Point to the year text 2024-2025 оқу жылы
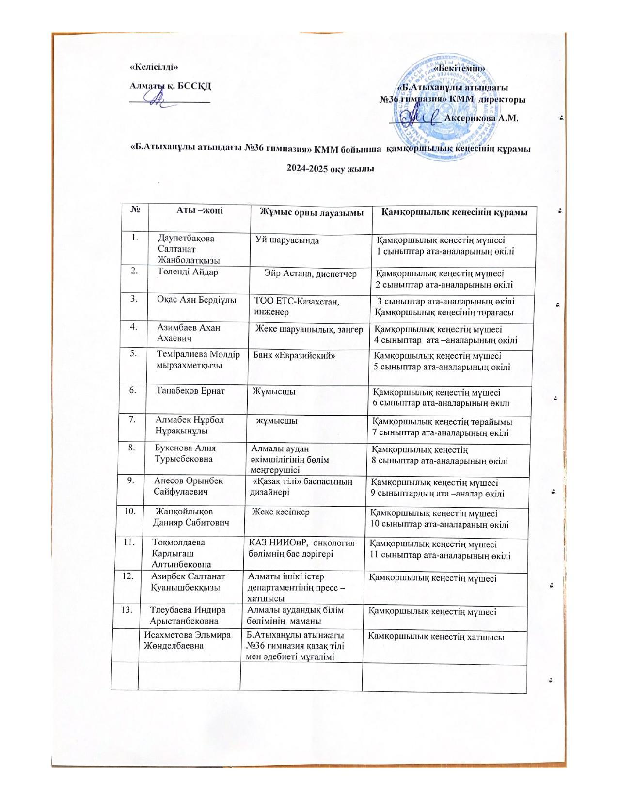click(x=331, y=168)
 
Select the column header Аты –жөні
click(x=200, y=211)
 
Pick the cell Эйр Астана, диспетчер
click(x=311, y=274)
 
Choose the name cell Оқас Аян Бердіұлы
click(x=196, y=300)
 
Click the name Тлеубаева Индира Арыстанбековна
click(x=188, y=615)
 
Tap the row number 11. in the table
click(x=129, y=543)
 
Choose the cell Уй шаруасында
click(x=287, y=240)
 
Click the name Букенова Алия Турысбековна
click(x=185, y=453)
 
